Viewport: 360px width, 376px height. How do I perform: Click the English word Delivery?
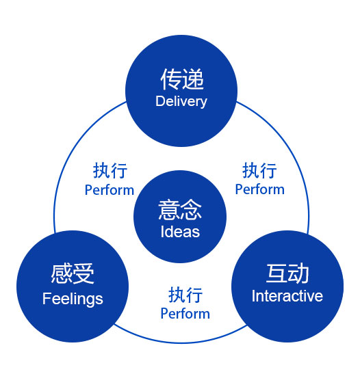click(181, 102)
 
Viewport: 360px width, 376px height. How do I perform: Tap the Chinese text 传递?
click(182, 79)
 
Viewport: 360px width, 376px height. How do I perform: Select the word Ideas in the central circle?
click(180, 232)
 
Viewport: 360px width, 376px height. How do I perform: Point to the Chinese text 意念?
click(180, 210)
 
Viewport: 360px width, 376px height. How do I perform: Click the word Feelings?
click(73, 299)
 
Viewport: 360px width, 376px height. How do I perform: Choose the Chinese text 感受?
click(73, 273)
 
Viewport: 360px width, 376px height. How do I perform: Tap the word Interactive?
click(287, 296)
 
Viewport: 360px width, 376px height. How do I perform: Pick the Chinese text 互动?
click(287, 273)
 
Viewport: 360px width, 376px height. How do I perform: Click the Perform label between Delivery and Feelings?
click(110, 191)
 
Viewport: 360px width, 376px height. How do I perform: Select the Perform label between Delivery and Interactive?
click(259, 189)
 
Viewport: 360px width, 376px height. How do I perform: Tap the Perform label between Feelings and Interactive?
click(185, 314)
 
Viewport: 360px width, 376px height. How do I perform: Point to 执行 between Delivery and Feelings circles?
click(110, 170)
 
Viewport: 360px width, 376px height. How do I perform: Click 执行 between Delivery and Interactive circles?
click(259, 170)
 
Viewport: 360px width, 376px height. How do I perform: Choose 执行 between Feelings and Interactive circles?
click(185, 295)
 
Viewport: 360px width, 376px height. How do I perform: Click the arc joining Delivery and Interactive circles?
click(294, 153)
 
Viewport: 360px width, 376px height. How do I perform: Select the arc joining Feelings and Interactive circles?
click(181, 343)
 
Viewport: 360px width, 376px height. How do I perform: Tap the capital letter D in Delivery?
click(160, 101)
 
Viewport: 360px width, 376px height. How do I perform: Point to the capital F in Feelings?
click(46, 298)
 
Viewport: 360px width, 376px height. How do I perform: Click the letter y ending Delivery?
click(204, 103)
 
